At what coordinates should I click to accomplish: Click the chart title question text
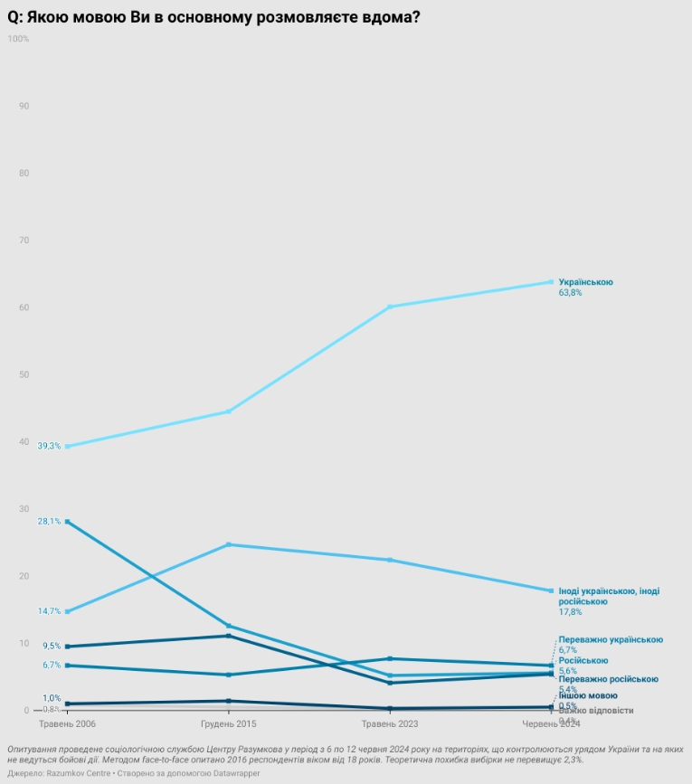[x=213, y=16]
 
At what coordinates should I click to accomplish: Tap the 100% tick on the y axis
[x=18, y=39]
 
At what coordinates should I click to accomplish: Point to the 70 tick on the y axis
[x=24, y=241]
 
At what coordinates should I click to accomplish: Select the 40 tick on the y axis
[x=24, y=441]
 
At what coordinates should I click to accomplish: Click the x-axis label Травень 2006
[x=67, y=724]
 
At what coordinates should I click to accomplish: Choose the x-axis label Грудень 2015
[x=228, y=724]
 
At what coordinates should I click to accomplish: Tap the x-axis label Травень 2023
[x=390, y=724]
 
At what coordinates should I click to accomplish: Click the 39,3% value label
[x=49, y=447]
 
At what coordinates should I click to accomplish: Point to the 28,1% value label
[x=49, y=522]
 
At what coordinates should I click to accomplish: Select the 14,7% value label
[x=49, y=611]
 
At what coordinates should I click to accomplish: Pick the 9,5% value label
[x=51, y=646]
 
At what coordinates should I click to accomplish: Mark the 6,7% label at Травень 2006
[x=51, y=665]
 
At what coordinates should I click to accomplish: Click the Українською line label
[x=585, y=282]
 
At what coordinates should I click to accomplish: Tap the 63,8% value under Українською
[x=570, y=293]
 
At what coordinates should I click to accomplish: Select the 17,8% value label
[x=570, y=612]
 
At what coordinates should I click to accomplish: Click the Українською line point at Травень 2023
[x=390, y=307]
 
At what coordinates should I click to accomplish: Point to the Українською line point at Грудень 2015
[x=228, y=411]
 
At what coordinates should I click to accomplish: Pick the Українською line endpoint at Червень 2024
[x=551, y=282]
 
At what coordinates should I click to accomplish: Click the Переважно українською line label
[x=611, y=639]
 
